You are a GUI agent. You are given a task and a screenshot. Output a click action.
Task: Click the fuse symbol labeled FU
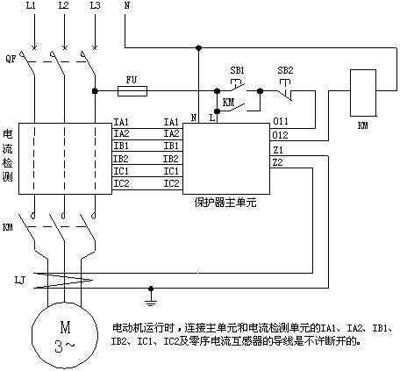coord(132,91)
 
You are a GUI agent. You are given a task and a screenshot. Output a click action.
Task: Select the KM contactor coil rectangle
coord(363,93)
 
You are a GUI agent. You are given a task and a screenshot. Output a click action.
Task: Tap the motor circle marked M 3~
coord(65,335)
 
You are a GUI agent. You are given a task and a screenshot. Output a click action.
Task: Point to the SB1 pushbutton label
coord(237,70)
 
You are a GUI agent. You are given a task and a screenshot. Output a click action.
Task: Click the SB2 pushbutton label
coord(285,70)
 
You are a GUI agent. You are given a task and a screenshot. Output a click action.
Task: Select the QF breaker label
coord(11,60)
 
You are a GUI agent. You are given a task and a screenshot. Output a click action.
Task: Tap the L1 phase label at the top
coord(31,5)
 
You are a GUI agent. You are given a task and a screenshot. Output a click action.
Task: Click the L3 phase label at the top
coord(95,5)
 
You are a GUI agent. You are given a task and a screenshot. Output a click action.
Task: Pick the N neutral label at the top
coord(127,5)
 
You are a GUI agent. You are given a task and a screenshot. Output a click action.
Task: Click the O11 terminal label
coord(281,121)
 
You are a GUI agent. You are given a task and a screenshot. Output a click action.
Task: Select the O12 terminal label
coord(280,135)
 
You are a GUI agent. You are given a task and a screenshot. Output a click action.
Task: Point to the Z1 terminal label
coord(278,150)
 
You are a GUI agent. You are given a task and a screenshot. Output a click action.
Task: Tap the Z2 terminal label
coord(278,162)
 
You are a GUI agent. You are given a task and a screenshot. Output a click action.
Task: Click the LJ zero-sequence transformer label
coord(20,281)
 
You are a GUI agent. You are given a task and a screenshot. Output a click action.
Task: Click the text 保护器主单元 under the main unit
coord(225,203)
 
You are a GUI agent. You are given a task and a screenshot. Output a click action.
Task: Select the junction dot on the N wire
coord(198,47)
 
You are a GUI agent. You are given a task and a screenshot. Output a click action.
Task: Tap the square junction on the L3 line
coord(95,91)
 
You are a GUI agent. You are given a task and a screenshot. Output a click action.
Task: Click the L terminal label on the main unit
coord(212,118)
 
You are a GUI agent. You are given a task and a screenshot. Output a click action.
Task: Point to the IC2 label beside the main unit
coord(171,183)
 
